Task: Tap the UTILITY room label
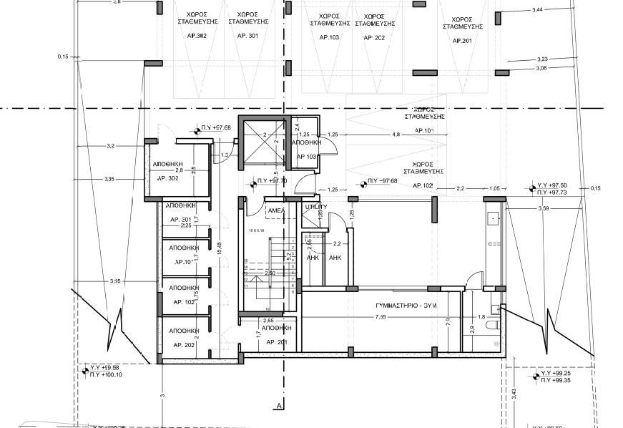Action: click(x=315, y=207)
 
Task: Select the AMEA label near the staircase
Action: click(x=275, y=210)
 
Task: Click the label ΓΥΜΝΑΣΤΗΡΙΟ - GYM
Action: click(x=406, y=306)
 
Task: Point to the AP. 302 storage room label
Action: click(x=167, y=177)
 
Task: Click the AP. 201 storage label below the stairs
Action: click(x=276, y=342)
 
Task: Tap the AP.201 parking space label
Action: click(x=462, y=41)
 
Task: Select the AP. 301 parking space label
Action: click(x=247, y=35)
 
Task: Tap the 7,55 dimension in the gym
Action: click(x=383, y=316)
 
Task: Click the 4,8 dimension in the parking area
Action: click(x=396, y=134)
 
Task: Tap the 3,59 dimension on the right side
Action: click(x=543, y=208)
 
